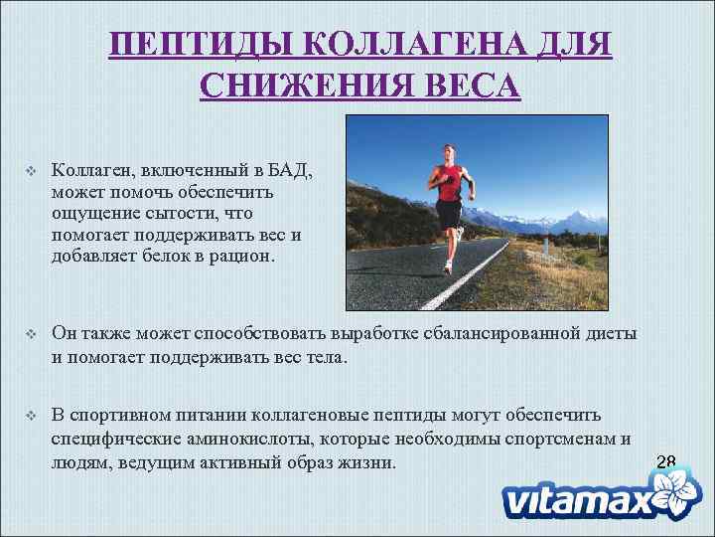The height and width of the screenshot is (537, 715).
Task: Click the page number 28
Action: point(665,461)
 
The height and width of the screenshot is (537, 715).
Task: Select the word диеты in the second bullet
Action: point(608,334)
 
